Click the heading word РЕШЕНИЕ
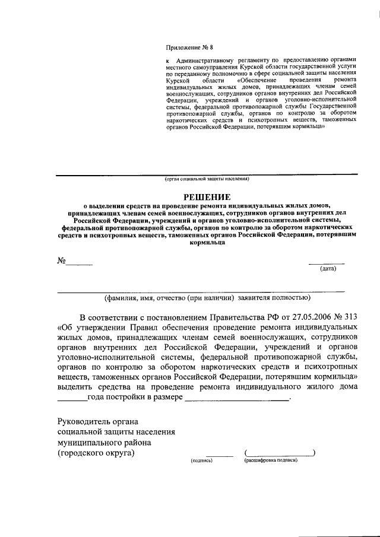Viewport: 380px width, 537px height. tap(204, 196)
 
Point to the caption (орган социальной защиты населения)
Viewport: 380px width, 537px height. tap(207, 178)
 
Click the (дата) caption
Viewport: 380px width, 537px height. tap(328, 269)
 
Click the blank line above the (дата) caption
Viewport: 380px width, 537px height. tap(326, 262)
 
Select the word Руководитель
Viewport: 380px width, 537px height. tap(84, 421)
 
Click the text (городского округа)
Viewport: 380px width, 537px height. tap(96, 453)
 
